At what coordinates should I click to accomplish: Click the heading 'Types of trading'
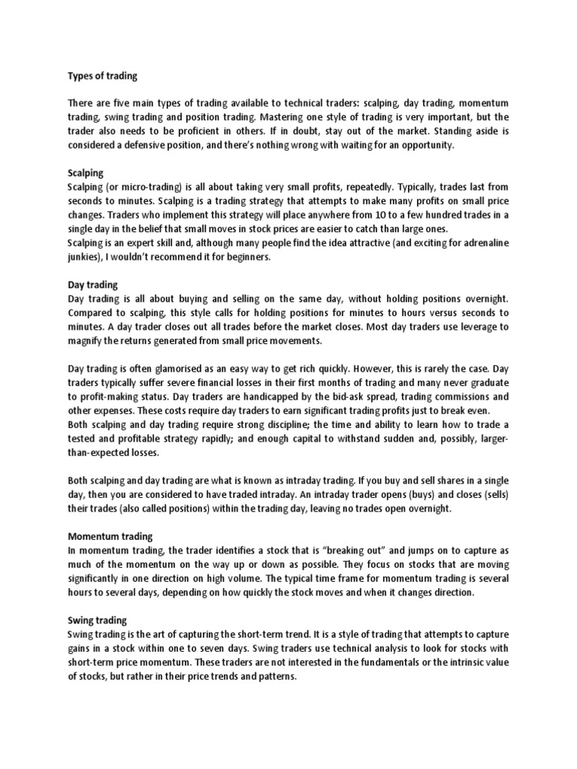pyautogui.click(x=103, y=76)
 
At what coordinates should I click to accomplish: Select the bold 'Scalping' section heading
pyautogui.click(x=86, y=172)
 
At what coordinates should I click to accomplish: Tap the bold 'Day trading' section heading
pyautogui.click(x=93, y=285)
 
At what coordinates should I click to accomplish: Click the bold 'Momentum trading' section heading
pyautogui.click(x=110, y=536)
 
